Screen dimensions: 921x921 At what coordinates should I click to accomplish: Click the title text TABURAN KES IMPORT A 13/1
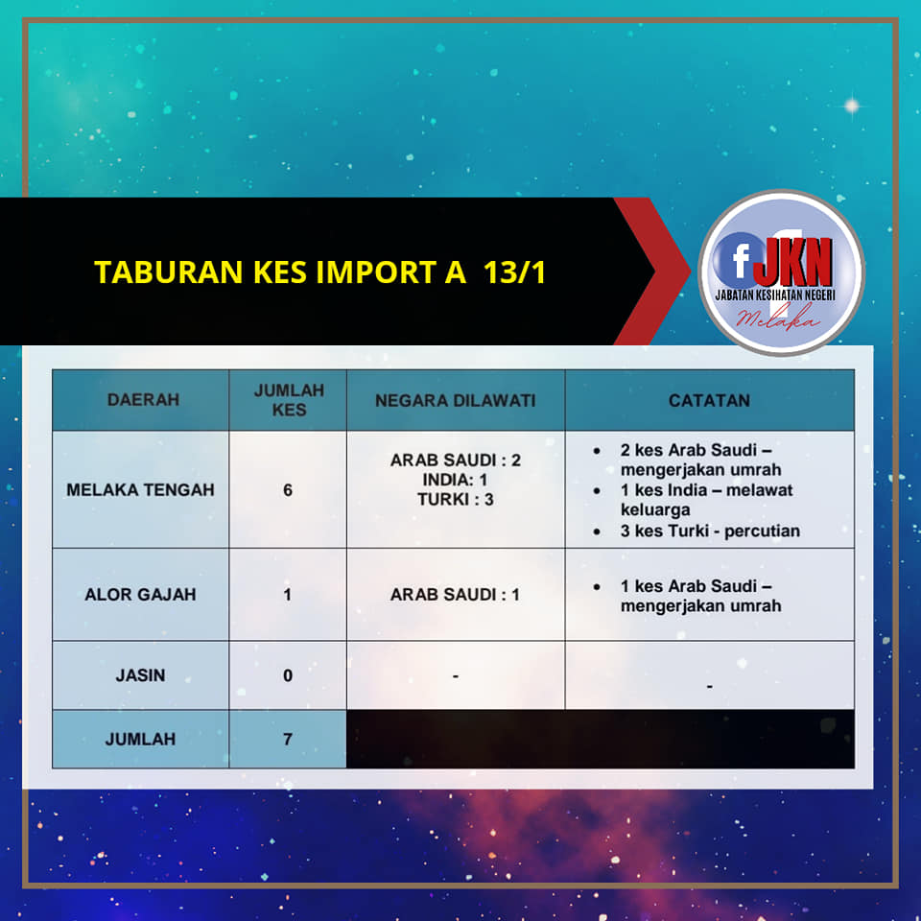[320, 272]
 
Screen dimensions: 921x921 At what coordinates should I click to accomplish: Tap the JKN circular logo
[781, 272]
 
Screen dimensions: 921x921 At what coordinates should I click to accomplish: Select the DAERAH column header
[143, 400]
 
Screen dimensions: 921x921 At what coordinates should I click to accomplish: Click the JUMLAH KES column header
[289, 400]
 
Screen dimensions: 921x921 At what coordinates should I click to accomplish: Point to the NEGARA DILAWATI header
[455, 401]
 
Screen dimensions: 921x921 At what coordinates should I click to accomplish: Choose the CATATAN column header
[709, 401]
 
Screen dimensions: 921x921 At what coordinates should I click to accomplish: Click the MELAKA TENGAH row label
[140, 490]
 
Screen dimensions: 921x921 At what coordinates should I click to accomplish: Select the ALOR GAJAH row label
[140, 595]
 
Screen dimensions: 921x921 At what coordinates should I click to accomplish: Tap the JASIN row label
[140, 675]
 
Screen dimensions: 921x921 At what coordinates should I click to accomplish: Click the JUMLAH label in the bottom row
[140, 739]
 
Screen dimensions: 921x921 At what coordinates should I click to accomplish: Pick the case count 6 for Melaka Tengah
[288, 490]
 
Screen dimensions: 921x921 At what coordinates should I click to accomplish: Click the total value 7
[288, 739]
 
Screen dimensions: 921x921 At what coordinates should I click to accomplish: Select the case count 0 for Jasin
[288, 675]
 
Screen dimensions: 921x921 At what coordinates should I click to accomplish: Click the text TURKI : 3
[455, 500]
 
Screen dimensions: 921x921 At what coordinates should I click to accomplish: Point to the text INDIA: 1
[455, 480]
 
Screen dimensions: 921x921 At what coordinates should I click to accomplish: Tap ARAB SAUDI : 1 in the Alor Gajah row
[455, 595]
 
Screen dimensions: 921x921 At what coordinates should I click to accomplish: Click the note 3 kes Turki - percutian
[710, 531]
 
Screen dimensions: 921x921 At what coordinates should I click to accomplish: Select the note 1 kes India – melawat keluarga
[707, 500]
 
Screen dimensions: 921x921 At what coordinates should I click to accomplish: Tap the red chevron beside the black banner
[652, 272]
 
